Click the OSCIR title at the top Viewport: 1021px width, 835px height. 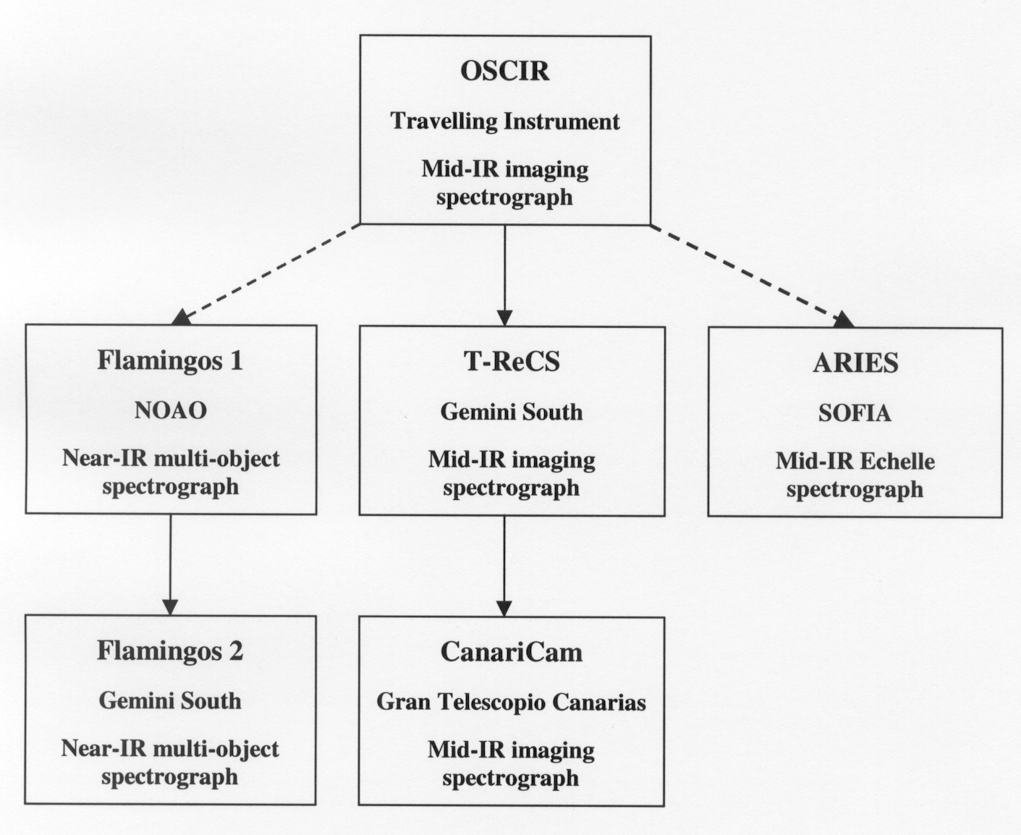(505, 71)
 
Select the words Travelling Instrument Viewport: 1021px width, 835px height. (505, 121)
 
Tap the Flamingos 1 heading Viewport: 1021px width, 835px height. (170, 360)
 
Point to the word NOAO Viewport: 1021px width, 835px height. (171, 410)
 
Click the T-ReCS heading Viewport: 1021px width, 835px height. (512, 361)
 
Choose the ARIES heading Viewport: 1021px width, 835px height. (855, 363)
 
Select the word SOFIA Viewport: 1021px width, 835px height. (855, 413)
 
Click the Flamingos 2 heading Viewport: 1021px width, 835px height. (170, 650)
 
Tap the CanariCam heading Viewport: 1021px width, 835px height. (512, 652)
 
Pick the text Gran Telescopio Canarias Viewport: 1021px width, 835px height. (512, 702)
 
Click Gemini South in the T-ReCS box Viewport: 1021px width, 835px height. (512, 412)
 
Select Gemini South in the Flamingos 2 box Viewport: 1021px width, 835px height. (170, 700)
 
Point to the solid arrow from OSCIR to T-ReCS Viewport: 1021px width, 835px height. (504, 275)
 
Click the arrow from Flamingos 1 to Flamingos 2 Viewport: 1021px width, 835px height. (171, 564)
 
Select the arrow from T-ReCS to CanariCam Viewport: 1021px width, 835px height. (504, 566)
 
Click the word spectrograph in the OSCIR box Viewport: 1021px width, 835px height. (504, 197)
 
